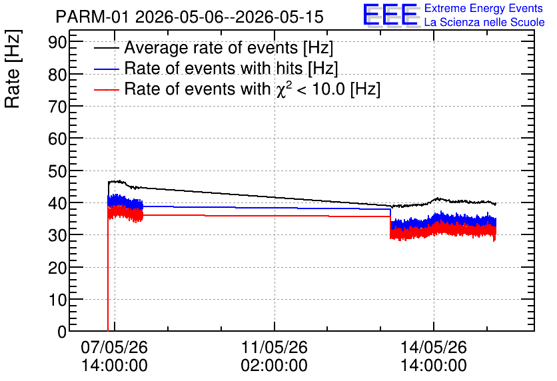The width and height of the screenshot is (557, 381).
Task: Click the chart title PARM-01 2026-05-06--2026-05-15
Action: tap(189, 17)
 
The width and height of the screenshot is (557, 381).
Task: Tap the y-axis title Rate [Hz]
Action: tap(13, 69)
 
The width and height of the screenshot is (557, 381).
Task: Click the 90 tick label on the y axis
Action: tap(57, 42)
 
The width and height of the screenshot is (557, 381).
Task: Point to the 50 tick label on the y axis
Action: tap(57, 171)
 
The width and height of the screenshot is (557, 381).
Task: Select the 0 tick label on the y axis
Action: tap(62, 332)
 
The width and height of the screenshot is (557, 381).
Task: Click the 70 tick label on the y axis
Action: tap(57, 107)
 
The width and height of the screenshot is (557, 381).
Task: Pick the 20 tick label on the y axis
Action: tap(57, 268)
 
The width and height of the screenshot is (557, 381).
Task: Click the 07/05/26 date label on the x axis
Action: tap(114, 347)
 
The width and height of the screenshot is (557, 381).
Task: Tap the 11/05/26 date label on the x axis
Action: tap(275, 347)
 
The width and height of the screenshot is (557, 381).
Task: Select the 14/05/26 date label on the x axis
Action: tap(433, 347)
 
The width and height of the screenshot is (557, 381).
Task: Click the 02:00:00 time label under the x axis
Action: tap(275, 365)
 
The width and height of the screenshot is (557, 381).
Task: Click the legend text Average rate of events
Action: tap(211, 48)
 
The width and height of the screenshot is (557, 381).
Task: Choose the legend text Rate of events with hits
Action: tap(213, 68)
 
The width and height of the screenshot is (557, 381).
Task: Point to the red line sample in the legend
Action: tap(106, 90)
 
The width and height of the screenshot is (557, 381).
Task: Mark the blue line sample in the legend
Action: tap(106, 69)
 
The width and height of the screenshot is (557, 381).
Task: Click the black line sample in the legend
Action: tap(106, 49)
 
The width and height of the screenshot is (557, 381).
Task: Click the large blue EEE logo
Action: tap(391, 15)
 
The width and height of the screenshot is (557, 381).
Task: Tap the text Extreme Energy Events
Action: tap(484, 8)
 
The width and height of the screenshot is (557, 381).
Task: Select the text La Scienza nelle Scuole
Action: tap(484, 23)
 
